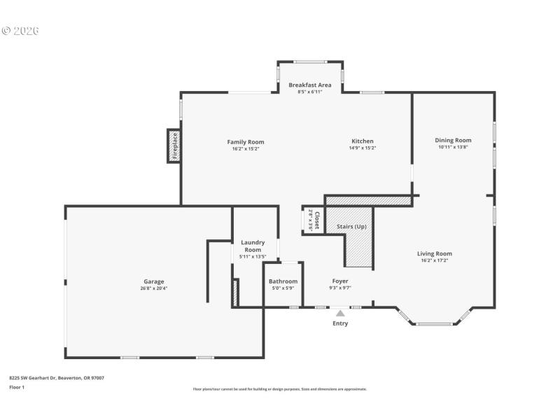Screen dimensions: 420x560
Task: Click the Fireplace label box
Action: (174, 146)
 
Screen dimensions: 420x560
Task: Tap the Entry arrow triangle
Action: (340, 314)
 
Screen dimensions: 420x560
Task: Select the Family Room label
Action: (246, 142)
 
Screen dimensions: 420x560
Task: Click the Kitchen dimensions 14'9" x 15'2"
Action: (363, 148)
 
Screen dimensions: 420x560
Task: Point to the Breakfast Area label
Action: (310, 85)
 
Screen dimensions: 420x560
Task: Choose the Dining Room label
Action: (454, 140)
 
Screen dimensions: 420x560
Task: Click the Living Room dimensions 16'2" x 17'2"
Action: (435, 260)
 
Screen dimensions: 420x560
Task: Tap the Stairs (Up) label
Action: (351, 227)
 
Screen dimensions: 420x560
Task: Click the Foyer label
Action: (340, 281)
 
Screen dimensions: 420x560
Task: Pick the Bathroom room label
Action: (283, 281)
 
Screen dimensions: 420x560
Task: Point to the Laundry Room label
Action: (253, 246)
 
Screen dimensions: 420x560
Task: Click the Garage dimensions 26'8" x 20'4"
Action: (154, 288)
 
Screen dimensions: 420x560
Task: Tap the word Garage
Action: (154, 281)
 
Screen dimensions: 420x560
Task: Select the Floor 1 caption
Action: (17, 387)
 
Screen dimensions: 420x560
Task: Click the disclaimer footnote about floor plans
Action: (279, 389)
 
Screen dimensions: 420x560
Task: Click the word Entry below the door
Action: (340, 323)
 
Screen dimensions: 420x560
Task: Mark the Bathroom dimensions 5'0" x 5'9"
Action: (283, 288)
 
